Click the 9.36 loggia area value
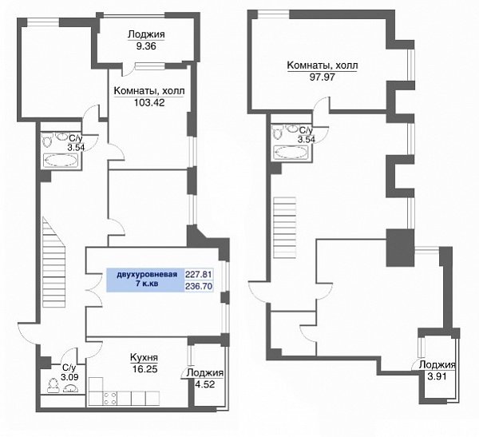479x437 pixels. click(x=146, y=46)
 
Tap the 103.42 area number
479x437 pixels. click(x=149, y=102)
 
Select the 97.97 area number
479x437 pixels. click(x=323, y=77)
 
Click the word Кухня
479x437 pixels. click(x=144, y=357)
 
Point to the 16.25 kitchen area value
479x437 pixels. click(x=144, y=369)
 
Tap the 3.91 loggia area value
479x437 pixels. click(x=437, y=376)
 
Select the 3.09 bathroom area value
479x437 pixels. click(x=69, y=377)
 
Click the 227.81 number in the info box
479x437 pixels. click(x=199, y=274)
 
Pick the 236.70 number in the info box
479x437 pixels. click(x=199, y=287)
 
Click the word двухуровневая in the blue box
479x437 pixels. click(x=147, y=274)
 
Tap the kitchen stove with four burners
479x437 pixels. click(x=110, y=399)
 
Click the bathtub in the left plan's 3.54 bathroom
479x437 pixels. click(x=61, y=161)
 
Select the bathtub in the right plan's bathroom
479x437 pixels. click(x=291, y=153)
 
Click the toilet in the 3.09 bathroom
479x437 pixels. click(x=53, y=385)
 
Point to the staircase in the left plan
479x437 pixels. click(x=53, y=262)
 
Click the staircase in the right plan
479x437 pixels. click(x=285, y=228)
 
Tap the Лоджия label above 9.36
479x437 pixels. click(x=146, y=34)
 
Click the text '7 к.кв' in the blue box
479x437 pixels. click(x=147, y=284)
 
